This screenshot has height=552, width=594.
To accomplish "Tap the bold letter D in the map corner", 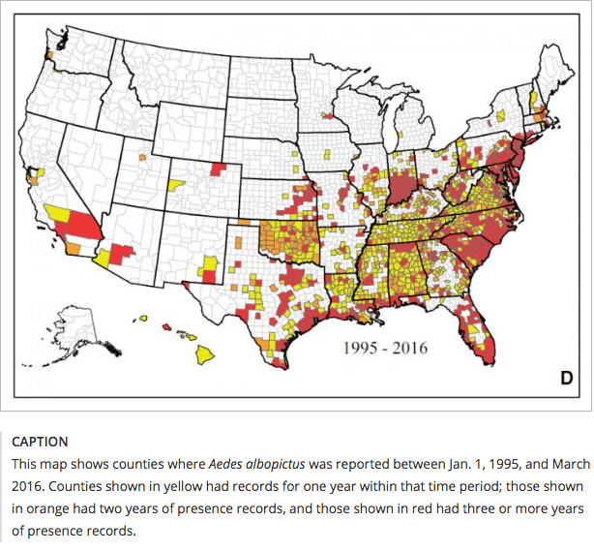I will pos(567,379).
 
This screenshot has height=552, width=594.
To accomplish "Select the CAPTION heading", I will pos(40,442).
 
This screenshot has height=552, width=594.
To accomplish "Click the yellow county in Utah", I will pos(175,184).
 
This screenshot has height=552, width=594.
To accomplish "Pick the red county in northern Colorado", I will pos(221,168).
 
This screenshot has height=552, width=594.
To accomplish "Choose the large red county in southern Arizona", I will pos(122,255).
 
